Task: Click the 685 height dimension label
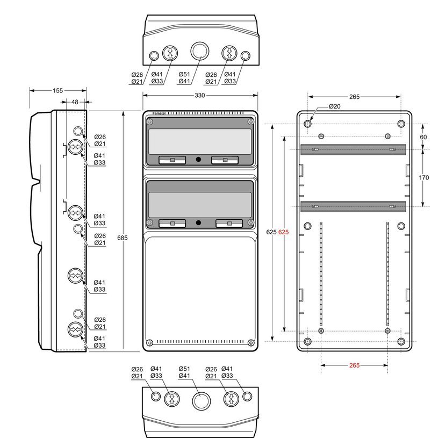pyautogui.click(x=123, y=238)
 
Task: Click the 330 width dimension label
pyautogui.click(x=200, y=95)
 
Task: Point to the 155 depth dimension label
pyautogui.click(x=57, y=90)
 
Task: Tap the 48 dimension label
pyautogui.click(x=75, y=102)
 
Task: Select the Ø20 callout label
pyautogui.click(x=334, y=106)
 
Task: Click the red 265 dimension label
pyautogui.click(x=355, y=365)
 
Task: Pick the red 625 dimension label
pyautogui.click(x=283, y=232)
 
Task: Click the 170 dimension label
pyautogui.click(x=423, y=177)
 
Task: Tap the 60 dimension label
pyautogui.click(x=423, y=137)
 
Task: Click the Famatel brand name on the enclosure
pyautogui.click(x=159, y=113)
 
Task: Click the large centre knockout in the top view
pyautogui.click(x=200, y=51)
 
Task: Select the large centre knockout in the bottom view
pyautogui.click(x=202, y=401)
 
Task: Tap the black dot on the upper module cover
pyautogui.click(x=198, y=159)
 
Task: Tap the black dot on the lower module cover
pyautogui.click(x=198, y=222)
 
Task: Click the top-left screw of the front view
pyautogui.click(x=149, y=122)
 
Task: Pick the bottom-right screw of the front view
pyautogui.click(x=251, y=342)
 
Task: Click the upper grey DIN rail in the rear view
pyautogui.click(x=353, y=149)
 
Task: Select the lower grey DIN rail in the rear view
pyautogui.click(x=353, y=206)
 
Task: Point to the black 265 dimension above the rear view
pyautogui.click(x=355, y=97)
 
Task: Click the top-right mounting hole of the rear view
pyautogui.click(x=401, y=124)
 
